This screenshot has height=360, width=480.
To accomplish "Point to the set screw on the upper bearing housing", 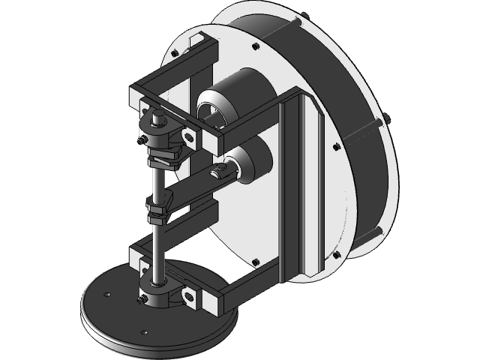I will tap(142, 140).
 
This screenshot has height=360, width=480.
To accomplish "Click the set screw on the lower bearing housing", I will tap(142, 301).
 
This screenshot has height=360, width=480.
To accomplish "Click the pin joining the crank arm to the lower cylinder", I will tap(220, 172).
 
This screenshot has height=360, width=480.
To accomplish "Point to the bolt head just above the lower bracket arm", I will tap(256, 262).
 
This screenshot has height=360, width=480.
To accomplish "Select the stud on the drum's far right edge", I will tap(387, 119).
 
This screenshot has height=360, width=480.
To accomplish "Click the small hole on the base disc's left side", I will tap(108, 295).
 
